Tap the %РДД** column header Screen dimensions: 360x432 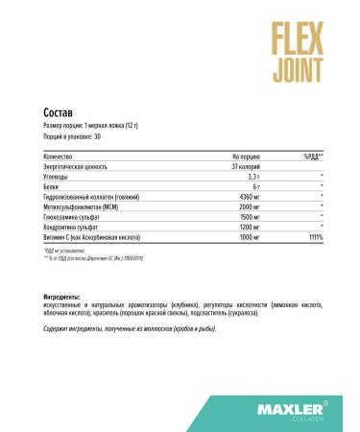point(313,156)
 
